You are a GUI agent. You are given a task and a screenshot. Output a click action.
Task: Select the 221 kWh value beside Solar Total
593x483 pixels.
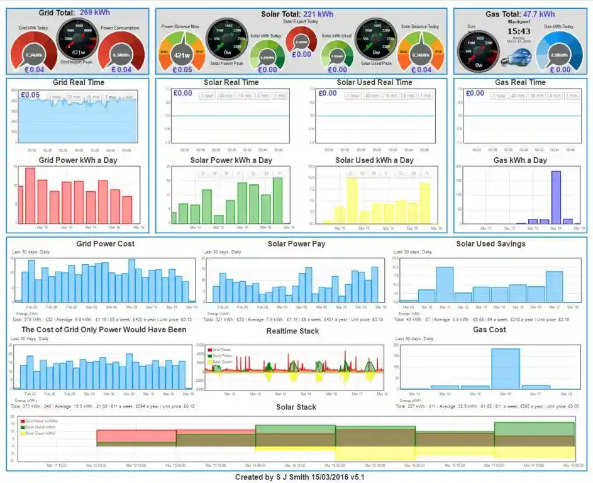pos(318,14)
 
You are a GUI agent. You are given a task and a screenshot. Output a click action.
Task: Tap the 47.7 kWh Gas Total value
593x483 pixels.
pos(539,14)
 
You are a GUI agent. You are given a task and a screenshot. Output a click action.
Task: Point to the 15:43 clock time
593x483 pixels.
pos(519,31)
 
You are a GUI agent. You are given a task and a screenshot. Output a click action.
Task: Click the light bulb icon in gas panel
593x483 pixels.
pos(513,58)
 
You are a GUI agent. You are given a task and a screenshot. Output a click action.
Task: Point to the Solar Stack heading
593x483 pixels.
pos(296,408)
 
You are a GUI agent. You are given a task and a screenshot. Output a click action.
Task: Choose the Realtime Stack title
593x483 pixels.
pos(292,331)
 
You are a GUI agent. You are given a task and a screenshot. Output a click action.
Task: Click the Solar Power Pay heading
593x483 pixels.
pos(296,244)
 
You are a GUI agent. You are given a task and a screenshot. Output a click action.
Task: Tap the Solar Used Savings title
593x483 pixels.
pos(490,244)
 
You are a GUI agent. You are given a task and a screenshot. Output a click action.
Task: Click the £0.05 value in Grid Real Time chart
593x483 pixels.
pos(30,95)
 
